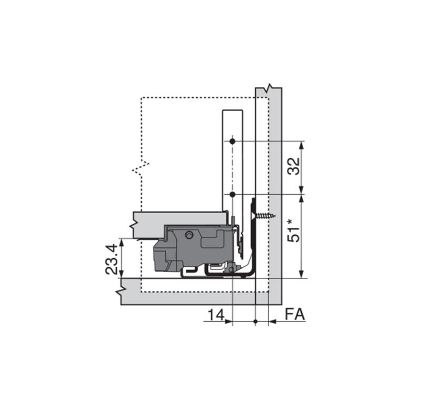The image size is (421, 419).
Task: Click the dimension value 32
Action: tap(294, 166)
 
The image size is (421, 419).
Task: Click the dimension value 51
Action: tap(294, 234)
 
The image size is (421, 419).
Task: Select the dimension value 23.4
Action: tap(112, 259)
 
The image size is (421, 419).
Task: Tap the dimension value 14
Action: tap(216, 315)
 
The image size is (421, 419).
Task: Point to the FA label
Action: tap(295, 315)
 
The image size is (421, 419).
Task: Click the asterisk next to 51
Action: tap(290, 222)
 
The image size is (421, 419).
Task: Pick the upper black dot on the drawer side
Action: tap(233, 141)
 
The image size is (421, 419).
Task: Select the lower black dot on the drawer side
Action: tap(233, 194)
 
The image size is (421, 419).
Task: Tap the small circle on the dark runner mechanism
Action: tap(189, 235)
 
